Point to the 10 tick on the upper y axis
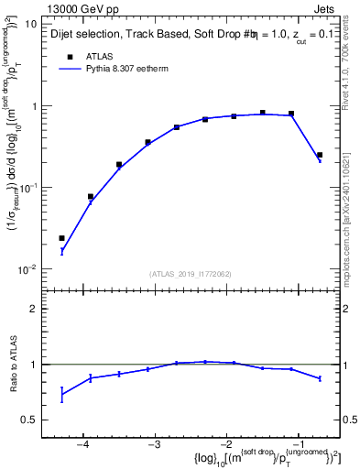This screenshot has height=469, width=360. pyautogui.click(x=31, y=24)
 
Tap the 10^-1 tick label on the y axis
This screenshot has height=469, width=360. pyautogui.click(x=27, y=188)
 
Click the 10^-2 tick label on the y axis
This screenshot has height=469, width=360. pyautogui.click(x=27, y=269)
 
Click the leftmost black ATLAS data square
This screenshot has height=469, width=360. pyautogui.click(x=61, y=238)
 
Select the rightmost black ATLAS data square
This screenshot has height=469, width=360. pyautogui.click(x=320, y=155)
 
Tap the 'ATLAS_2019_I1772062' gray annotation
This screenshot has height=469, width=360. pyautogui.click(x=191, y=274)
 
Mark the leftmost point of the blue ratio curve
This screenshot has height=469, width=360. pyautogui.click(x=61, y=395)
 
